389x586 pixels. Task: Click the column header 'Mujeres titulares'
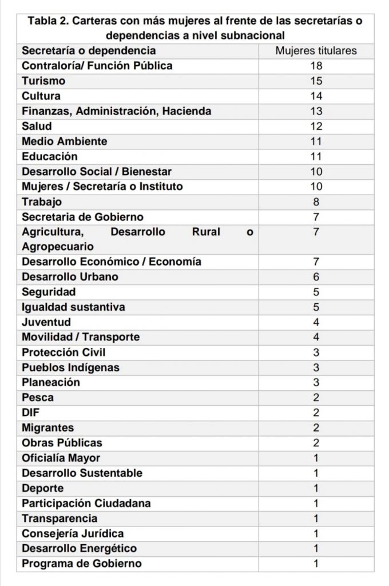316,50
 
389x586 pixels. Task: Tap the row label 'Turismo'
43,81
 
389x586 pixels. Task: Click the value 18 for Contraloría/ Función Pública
316,66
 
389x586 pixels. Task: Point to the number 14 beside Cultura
316,96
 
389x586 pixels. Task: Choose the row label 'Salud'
37,126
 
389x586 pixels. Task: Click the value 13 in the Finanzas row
316,111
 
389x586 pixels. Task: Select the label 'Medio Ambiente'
64,141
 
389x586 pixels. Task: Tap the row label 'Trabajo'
42,201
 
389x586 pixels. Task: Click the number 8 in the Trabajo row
316,201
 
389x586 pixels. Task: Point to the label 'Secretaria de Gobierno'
82,217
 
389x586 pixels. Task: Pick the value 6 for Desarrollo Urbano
316,277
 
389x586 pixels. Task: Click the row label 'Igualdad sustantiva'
73,307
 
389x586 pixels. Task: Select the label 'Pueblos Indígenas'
70,367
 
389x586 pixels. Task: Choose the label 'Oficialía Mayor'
61,458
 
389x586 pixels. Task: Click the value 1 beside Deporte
316,488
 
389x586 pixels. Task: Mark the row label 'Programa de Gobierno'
81,564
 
